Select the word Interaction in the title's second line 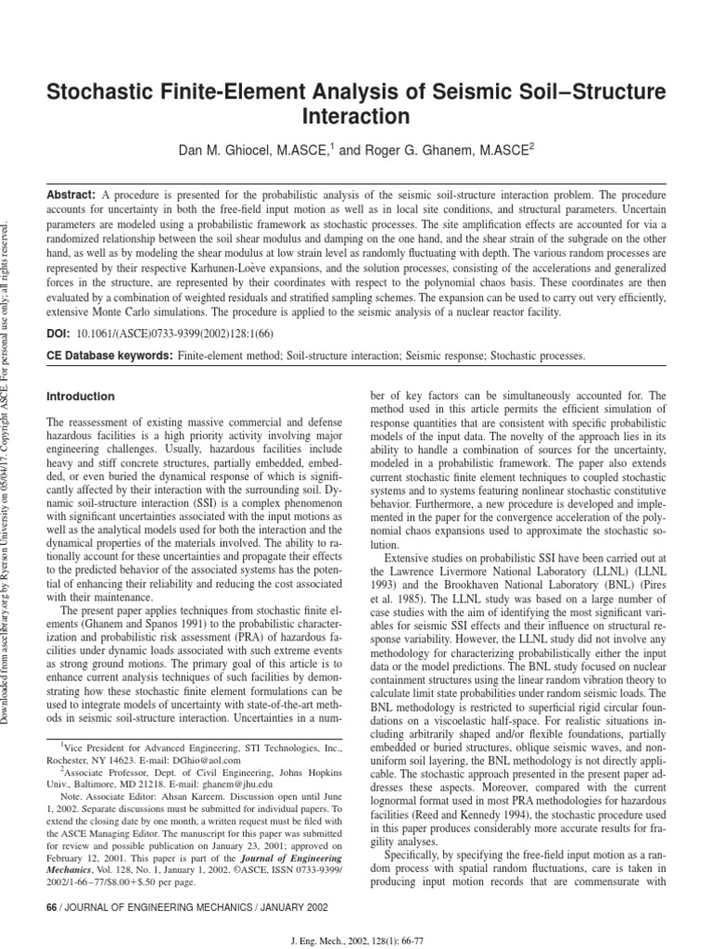[x=356, y=117]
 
